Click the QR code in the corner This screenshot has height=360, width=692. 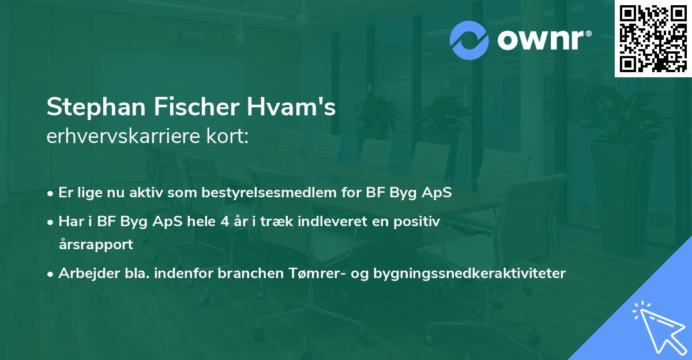tap(653, 38)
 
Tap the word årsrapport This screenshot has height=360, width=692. tap(96, 244)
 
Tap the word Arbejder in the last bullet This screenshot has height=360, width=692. tap(84, 273)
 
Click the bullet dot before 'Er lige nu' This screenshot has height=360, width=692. tap(51, 193)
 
